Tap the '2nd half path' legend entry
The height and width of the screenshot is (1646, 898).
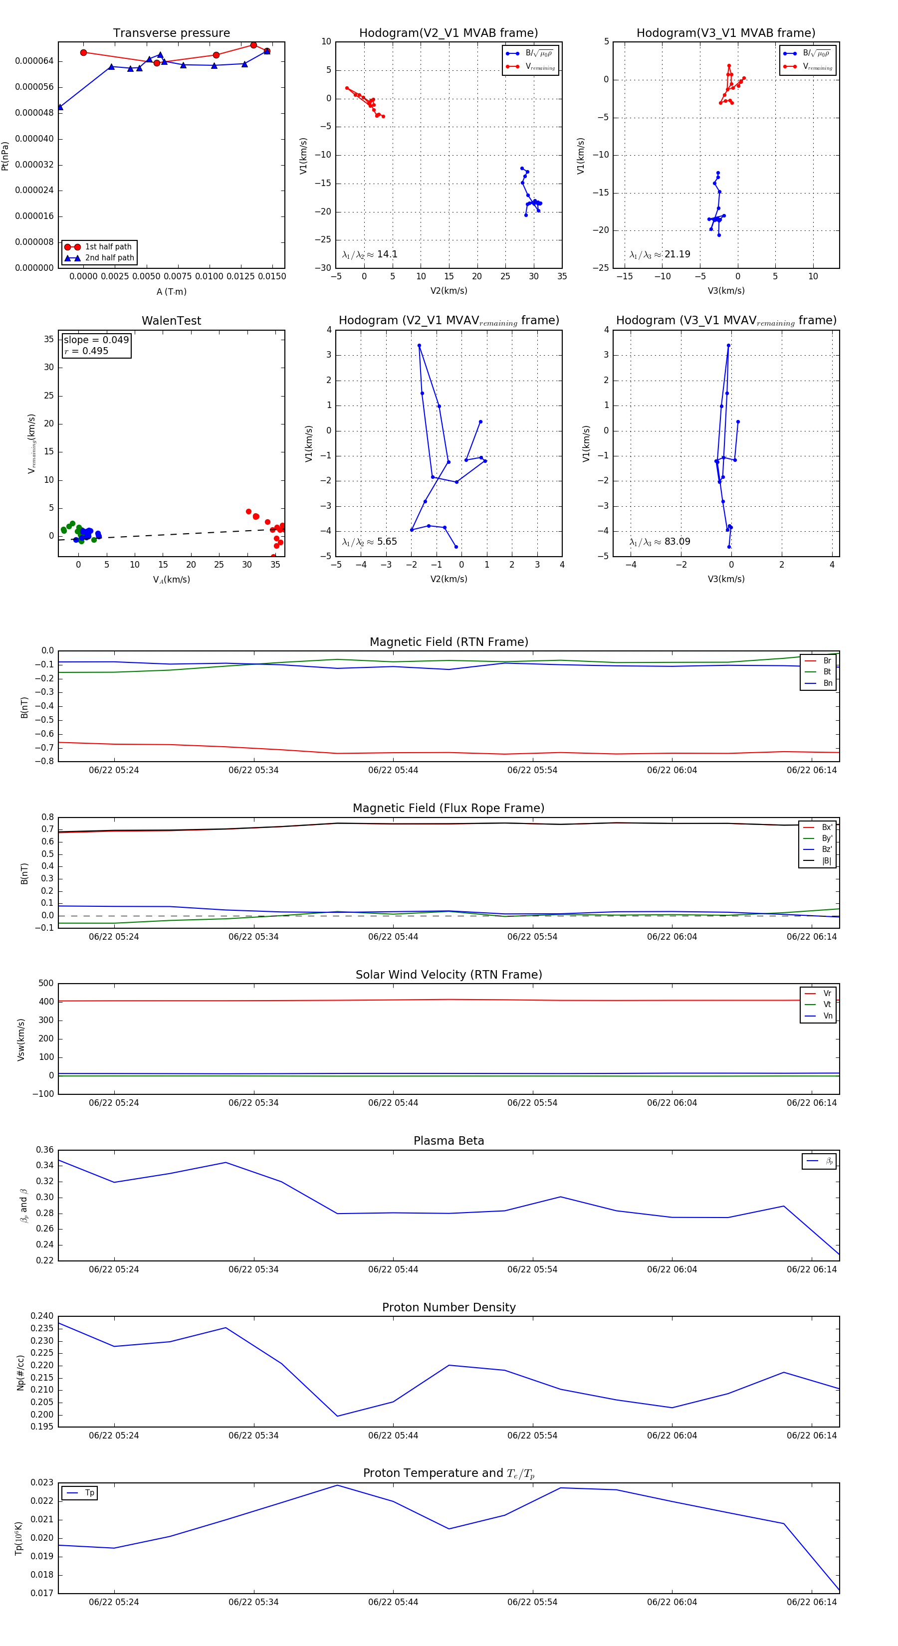click(109, 258)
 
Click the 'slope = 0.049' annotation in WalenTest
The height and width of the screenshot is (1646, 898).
click(96, 340)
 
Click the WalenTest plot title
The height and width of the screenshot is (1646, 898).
click(171, 321)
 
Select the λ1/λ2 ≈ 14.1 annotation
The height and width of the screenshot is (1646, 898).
click(369, 254)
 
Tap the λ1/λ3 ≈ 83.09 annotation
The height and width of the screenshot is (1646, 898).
click(660, 542)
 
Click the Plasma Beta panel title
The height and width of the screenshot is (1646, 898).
click(449, 1141)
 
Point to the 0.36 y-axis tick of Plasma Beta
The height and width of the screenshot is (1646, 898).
click(45, 1150)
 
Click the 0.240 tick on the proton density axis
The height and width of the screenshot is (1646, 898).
click(42, 1316)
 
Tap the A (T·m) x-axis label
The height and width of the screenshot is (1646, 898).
click(171, 292)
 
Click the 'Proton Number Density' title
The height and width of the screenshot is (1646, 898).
click(449, 1307)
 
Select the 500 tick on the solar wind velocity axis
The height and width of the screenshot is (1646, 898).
click(46, 984)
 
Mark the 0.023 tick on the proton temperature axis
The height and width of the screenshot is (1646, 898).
click(42, 1482)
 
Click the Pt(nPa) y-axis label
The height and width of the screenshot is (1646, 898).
click(5, 156)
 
